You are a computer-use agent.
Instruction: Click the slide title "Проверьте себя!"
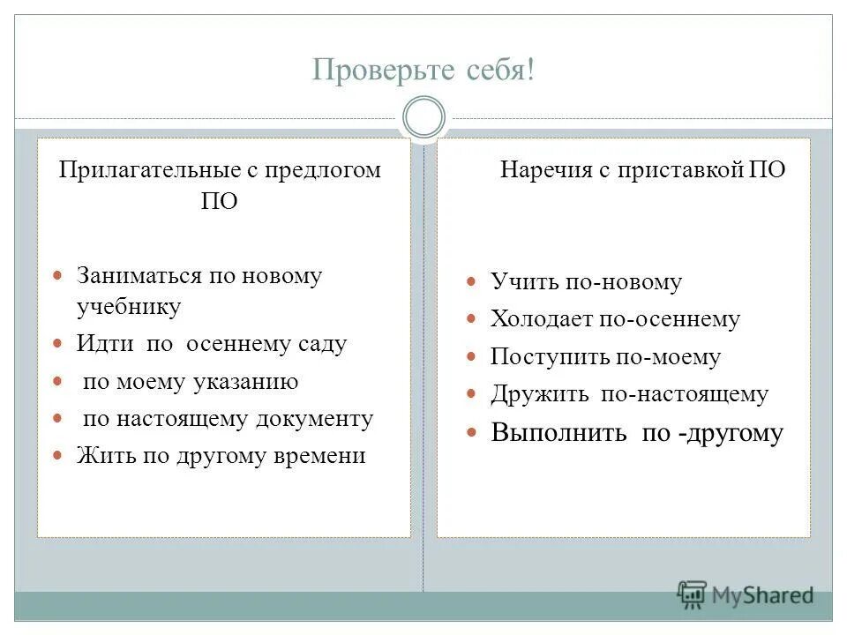[x=423, y=70]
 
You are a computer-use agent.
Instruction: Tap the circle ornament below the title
[x=423, y=117]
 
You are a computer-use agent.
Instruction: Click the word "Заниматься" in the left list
[x=139, y=276]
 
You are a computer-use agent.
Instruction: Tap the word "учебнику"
[x=129, y=307]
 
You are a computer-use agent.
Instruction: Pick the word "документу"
[x=314, y=419]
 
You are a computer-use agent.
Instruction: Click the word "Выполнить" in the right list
[x=559, y=433]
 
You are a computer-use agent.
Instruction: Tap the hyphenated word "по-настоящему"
[x=685, y=394]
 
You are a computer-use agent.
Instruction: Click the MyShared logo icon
[x=691, y=595]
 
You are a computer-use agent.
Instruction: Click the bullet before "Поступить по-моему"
[x=472, y=356]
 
